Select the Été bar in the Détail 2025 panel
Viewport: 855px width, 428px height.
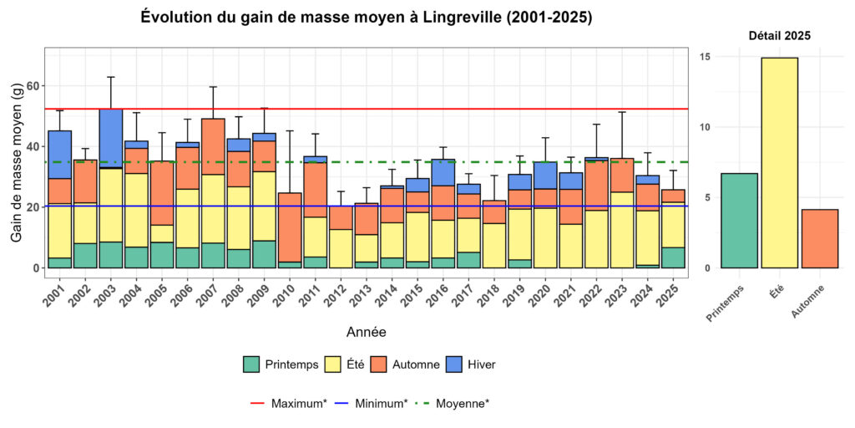tap(779, 163)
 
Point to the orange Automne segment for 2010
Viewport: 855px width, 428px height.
tap(289, 227)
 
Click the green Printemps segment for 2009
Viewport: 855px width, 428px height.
tap(264, 254)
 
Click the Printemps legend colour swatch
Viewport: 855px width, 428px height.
tap(251, 364)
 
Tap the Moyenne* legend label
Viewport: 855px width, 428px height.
tap(463, 403)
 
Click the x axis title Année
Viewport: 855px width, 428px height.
tap(366, 332)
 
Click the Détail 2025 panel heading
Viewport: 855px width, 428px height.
tap(779, 36)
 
